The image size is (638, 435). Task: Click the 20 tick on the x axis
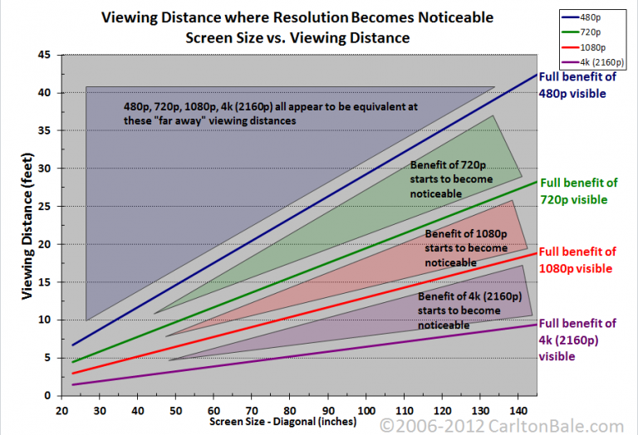click(x=61, y=410)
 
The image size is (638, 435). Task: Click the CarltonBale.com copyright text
click(x=508, y=425)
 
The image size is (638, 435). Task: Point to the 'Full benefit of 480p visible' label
click(x=577, y=86)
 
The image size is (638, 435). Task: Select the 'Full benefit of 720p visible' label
click(x=579, y=191)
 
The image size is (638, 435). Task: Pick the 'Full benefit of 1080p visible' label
click(x=578, y=260)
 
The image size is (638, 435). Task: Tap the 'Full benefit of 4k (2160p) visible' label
click(x=577, y=340)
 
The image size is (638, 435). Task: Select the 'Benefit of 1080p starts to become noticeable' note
click(x=465, y=248)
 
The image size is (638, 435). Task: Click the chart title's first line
click(x=298, y=17)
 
